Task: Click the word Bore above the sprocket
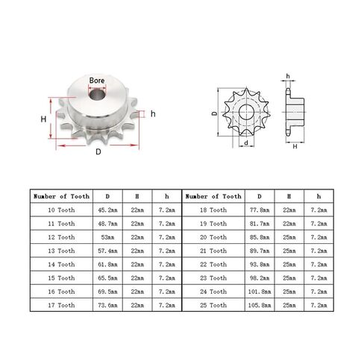tap(97, 81)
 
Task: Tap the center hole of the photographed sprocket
tap(97, 94)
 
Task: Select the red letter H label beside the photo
tap(43, 119)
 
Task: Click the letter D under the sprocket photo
tap(98, 151)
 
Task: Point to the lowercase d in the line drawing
tap(246, 142)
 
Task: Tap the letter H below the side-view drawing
tap(295, 146)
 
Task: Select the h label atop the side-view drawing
tap(288, 76)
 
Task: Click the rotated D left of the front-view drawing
tap(215, 113)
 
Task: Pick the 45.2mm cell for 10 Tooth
tap(107, 210)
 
